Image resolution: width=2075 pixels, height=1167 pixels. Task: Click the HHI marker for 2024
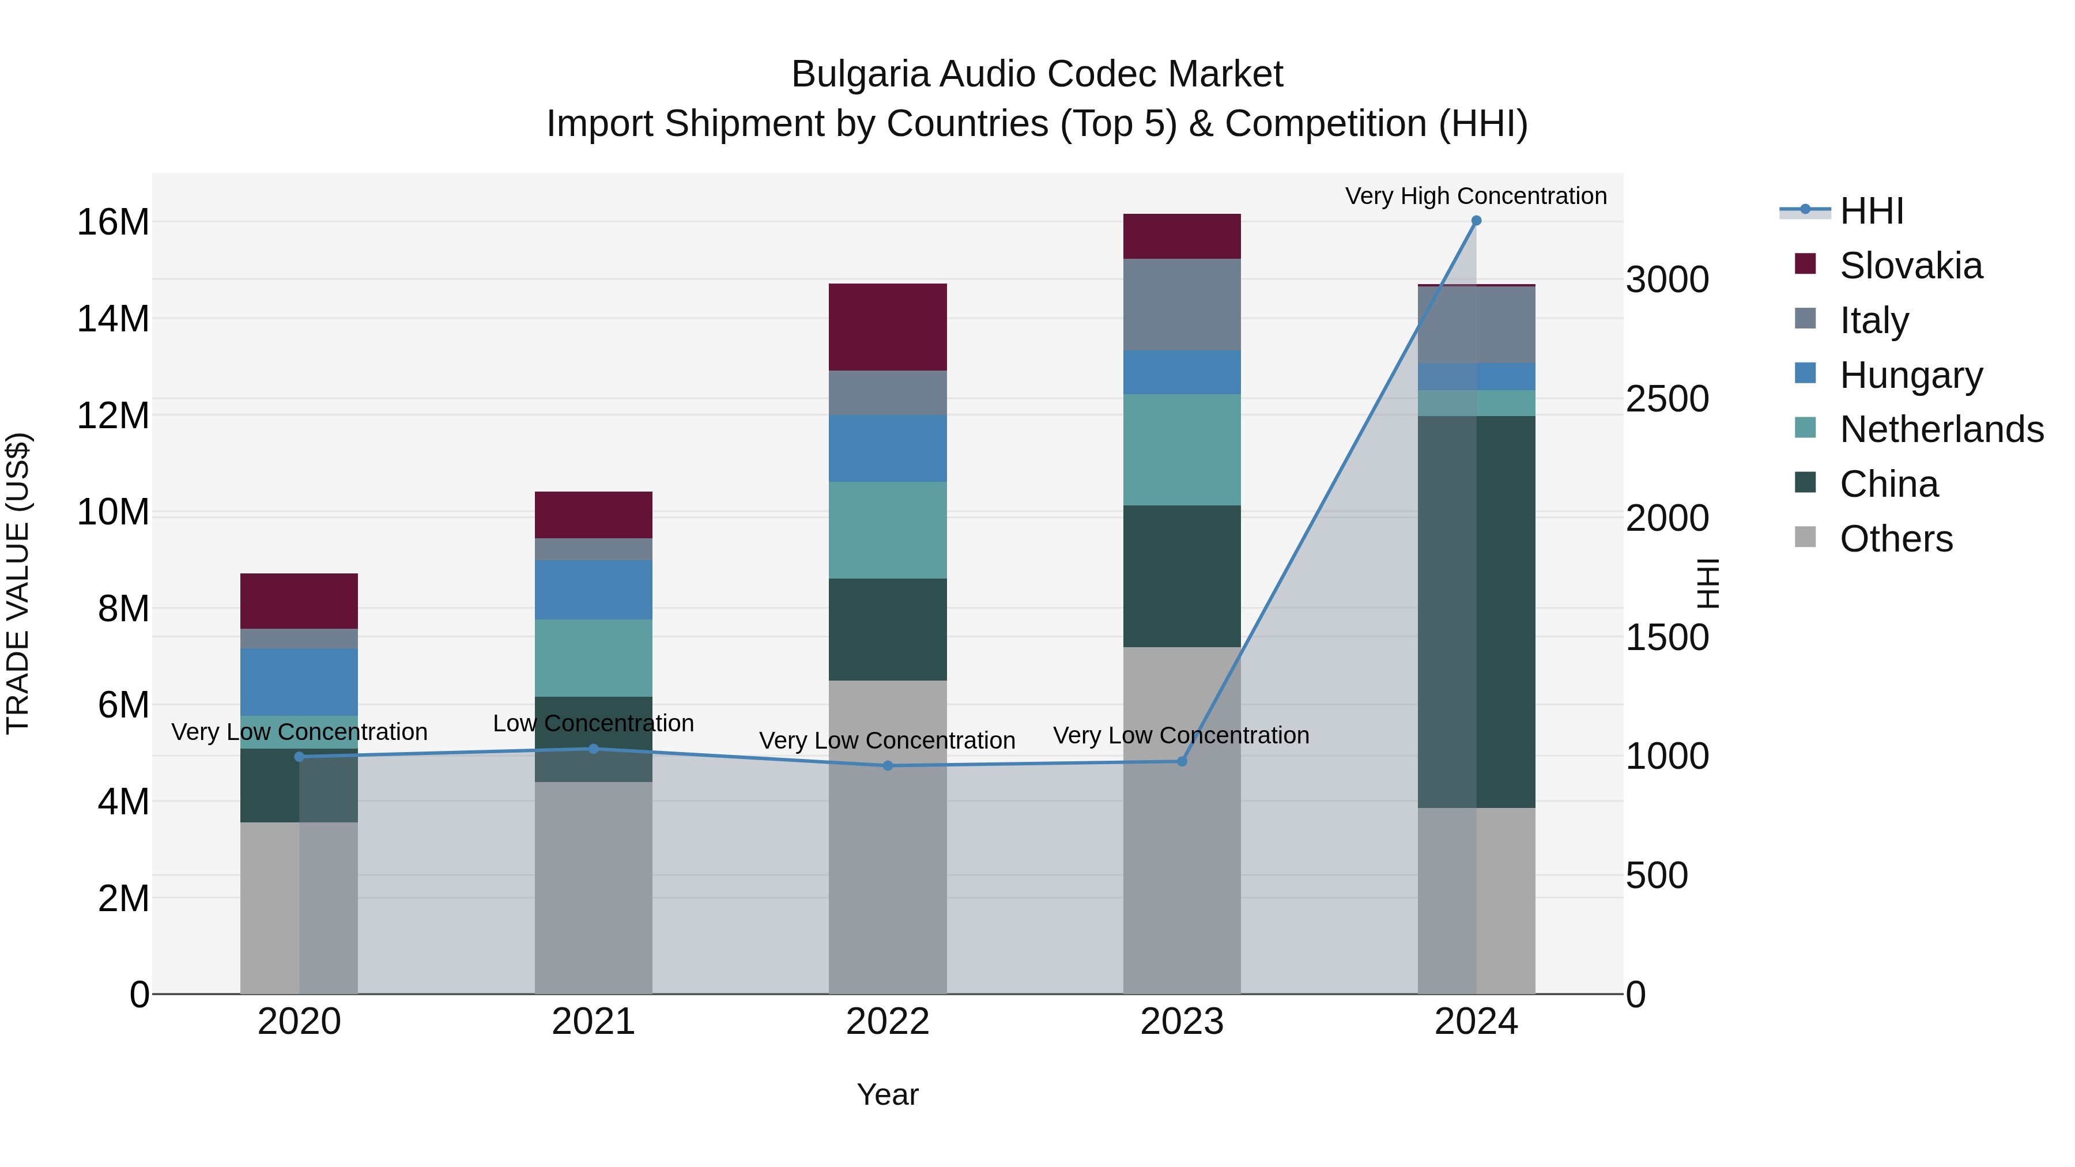1476,221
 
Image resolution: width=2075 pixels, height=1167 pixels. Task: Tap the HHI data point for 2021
594,749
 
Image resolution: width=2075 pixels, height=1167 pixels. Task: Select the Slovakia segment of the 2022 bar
888,327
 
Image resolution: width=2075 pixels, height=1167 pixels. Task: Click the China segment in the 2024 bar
1476,612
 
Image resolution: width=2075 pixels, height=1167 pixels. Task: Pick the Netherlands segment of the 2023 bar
1182,450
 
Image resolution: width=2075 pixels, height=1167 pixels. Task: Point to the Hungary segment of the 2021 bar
594,590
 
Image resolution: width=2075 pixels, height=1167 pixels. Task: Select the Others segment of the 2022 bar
888,837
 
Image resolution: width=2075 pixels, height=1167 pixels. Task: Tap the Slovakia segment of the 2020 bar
299,601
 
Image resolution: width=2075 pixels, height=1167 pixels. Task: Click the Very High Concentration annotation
1476,196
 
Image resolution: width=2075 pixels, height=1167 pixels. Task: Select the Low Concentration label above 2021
594,723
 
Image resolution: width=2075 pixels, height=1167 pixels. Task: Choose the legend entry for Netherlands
1941,429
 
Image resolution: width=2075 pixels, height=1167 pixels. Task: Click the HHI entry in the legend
1871,211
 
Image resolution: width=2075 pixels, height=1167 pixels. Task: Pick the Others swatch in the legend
1805,537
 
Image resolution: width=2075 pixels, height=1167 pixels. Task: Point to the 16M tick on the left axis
113,222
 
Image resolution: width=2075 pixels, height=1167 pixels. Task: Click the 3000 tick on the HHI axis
1666,280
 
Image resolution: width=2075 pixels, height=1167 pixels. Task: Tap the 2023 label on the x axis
1182,1022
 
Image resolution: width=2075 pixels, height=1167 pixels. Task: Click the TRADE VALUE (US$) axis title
18,583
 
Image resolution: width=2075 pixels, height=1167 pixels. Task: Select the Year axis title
888,1094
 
